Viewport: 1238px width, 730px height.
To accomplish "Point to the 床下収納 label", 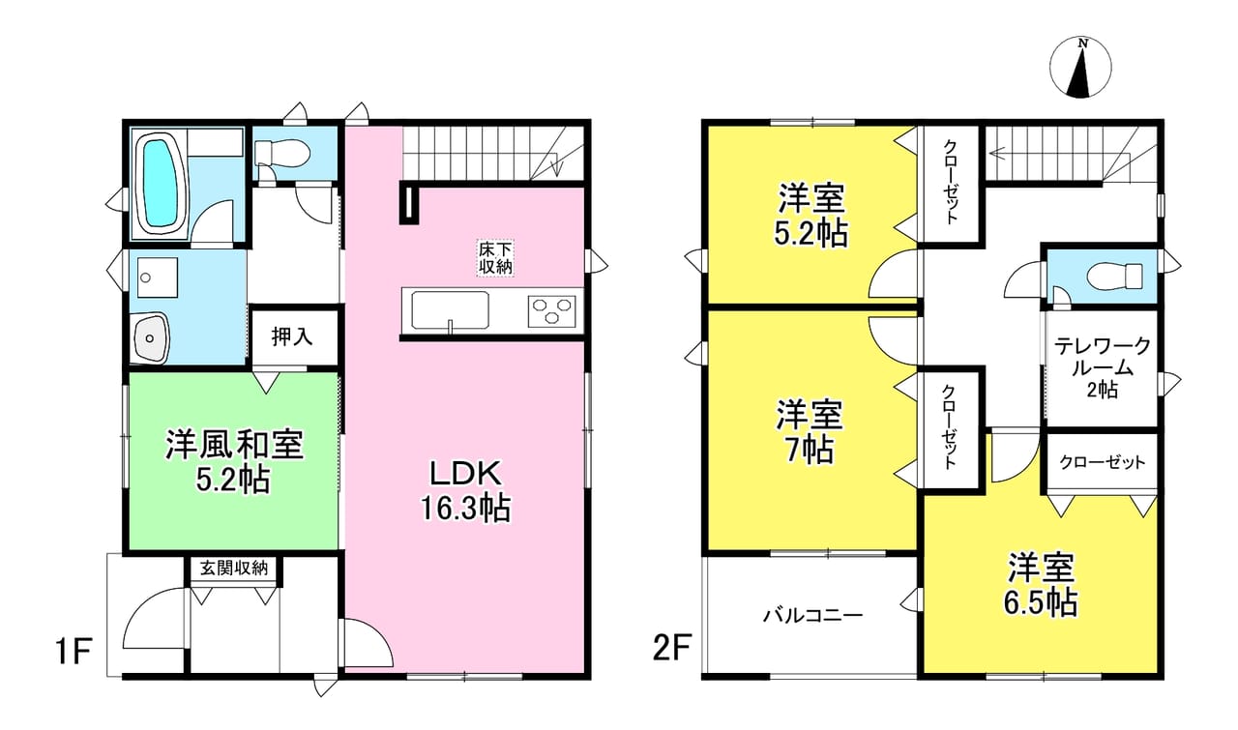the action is pos(496,257).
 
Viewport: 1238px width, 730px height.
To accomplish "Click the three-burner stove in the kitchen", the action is pos(551,311).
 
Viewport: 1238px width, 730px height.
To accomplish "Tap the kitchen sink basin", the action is pos(451,310).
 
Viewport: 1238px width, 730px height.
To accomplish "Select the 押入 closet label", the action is pos(292,336).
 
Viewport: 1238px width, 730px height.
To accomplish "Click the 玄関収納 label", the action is pos(234,568).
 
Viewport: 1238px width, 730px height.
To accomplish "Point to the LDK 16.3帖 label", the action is pos(466,491).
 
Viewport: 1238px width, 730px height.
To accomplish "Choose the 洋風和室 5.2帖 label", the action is pos(234,462).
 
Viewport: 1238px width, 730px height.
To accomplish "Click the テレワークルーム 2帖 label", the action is pos(1103,367).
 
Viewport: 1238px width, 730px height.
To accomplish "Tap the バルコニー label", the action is pos(812,615).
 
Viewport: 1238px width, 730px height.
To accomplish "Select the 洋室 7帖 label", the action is pos(810,432).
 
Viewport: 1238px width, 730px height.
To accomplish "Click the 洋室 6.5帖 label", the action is pos(1042,585).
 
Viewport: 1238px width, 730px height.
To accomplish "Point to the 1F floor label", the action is pos(73,651).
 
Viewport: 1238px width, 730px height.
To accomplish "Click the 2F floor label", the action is pos(671,649).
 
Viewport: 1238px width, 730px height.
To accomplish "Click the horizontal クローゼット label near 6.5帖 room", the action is pos(1102,462).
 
